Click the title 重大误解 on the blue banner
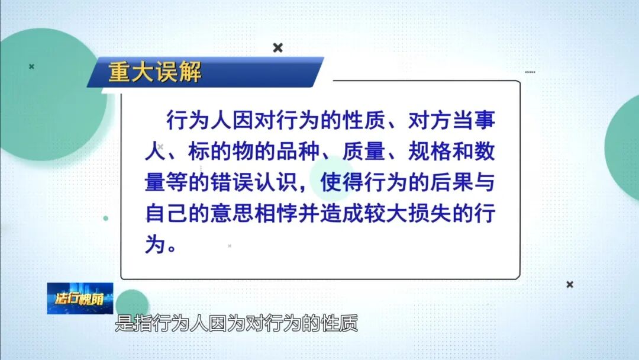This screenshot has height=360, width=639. pyautogui.click(x=155, y=72)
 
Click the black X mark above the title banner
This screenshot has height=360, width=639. pyautogui.click(x=277, y=48)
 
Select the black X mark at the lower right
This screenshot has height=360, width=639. pyautogui.click(x=570, y=285)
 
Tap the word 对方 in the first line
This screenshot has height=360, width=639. pyautogui.click(x=419, y=121)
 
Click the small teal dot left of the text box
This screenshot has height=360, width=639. pyautogui.click(x=106, y=218)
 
